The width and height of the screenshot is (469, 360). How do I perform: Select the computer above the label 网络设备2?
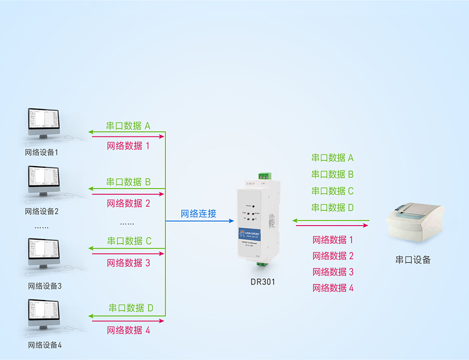44,182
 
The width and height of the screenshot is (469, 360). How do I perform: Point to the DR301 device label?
262,282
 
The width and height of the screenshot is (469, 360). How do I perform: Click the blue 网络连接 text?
199,213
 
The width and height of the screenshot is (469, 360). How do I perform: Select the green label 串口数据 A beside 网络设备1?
128,126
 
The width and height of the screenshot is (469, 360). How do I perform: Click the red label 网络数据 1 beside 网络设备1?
128,146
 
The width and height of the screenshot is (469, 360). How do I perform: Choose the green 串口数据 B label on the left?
128,182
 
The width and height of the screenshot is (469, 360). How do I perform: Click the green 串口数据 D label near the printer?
332,207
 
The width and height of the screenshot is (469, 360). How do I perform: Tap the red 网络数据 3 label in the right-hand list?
333,271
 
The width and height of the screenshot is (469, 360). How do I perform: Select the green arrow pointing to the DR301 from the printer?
331,220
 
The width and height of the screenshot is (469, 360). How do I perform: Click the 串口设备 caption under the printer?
413,259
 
